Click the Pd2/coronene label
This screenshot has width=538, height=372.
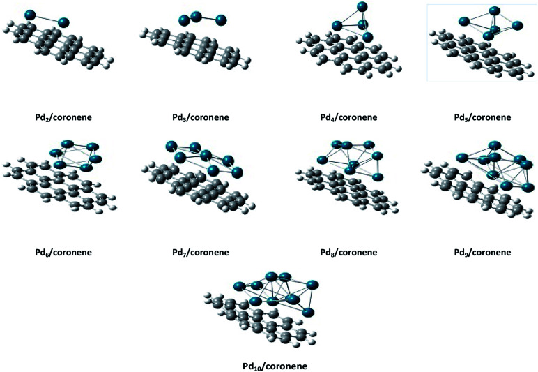coord(63,117)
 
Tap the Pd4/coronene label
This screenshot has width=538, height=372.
coord(345,117)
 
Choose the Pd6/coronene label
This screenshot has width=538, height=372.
coord(63,251)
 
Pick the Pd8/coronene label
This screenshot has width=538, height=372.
coord(345,251)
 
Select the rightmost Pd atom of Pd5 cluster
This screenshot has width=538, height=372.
coord(516,27)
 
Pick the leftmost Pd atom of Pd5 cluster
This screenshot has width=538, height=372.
coord(462,22)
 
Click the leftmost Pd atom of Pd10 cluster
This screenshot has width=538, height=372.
coord(240,285)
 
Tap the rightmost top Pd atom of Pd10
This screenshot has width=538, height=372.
coord(312,283)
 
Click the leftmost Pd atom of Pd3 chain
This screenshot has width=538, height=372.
coord(184,20)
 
